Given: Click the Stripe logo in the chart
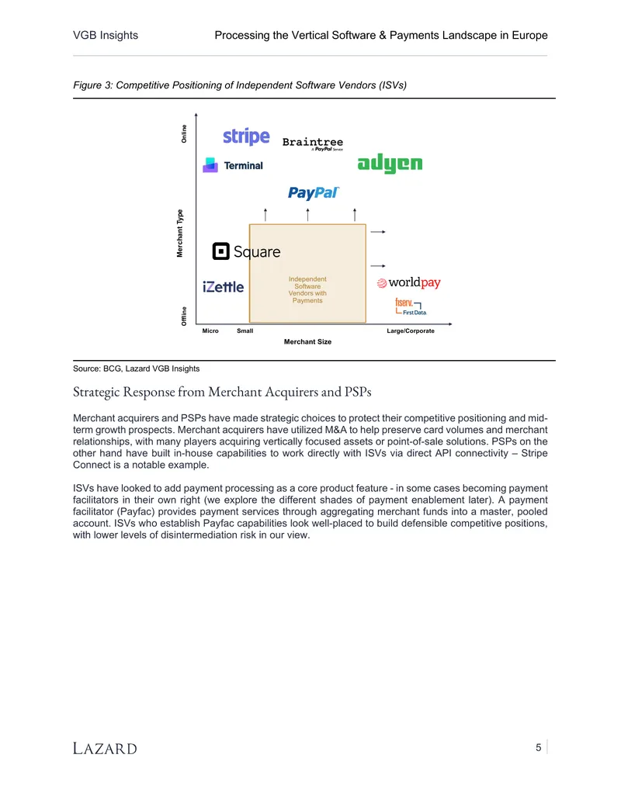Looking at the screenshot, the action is [246, 137].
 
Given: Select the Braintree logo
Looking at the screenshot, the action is [313, 144].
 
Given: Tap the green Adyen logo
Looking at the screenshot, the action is [390, 163].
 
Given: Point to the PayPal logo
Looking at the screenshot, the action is [314, 192].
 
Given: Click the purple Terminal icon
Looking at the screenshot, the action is [210, 165].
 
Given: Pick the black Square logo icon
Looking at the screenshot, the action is [220, 251].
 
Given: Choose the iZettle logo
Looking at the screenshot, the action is [223, 287].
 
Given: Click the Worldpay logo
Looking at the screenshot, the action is [408, 282].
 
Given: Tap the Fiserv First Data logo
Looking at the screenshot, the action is [411, 306].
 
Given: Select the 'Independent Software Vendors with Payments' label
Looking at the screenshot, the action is [307, 290].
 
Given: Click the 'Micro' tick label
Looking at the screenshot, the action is [210, 331].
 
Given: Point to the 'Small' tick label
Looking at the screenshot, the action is [245, 331].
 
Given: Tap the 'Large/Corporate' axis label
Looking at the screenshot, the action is [411, 331].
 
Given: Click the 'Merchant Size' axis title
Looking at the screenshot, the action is [307, 341].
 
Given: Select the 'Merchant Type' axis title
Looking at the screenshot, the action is [180, 233].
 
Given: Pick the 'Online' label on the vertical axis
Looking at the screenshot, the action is [184, 133].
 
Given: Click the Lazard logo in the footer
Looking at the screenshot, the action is [105, 748].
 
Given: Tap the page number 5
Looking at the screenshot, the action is [539, 748].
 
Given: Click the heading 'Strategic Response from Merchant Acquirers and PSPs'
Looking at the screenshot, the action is [222, 392].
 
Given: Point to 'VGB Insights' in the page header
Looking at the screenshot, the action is [106, 36].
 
